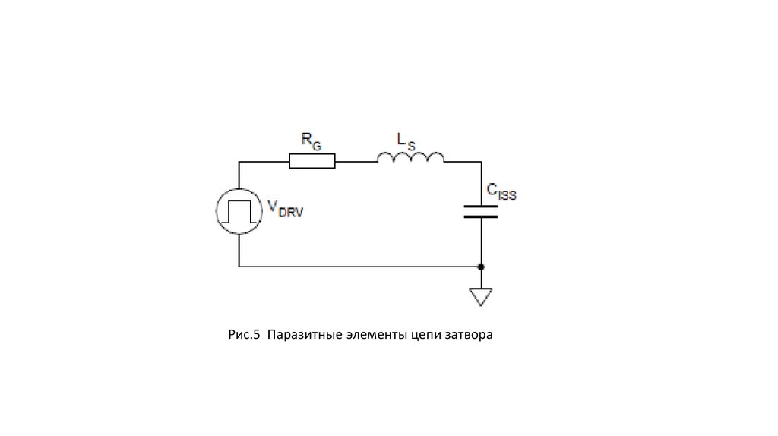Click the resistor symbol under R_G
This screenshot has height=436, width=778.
click(x=312, y=161)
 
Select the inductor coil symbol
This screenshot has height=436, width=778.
click(x=411, y=157)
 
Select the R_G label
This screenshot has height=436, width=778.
click(x=311, y=139)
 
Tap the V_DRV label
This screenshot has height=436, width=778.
click(x=284, y=210)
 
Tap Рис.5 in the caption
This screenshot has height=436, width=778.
click(x=244, y=334)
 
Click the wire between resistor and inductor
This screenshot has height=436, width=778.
click(x=356, y=161)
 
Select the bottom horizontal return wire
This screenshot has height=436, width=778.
click(x=357, y=267)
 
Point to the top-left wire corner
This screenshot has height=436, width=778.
click(x=239, y=161)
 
